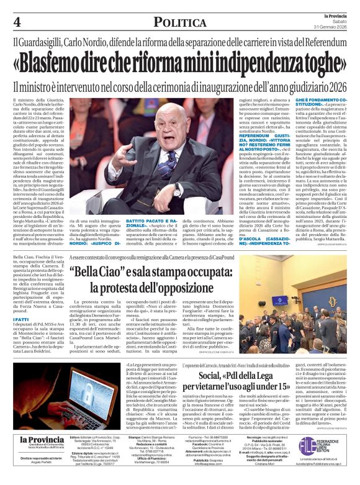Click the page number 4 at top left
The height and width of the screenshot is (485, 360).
pyautogui.click(x=17, y=23)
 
